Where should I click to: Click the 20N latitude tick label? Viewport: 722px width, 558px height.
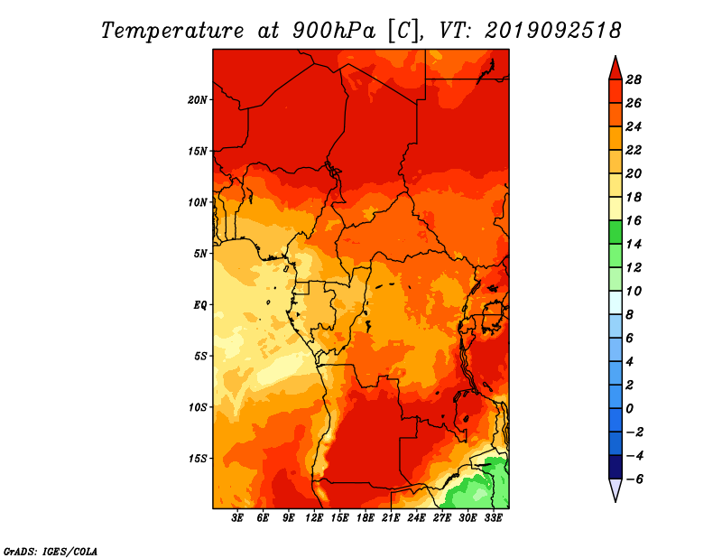(x=197, y=100)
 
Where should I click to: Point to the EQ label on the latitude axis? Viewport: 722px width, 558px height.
(x=200, y=305)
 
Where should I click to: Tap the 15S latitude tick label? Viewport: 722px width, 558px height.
(x=197, y=459)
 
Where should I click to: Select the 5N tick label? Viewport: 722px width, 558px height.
(x=200, y=254)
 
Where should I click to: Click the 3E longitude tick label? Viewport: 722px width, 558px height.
(x=237, y=518)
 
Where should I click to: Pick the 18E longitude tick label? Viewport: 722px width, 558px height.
(x=366, y=518)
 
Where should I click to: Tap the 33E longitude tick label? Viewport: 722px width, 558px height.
(x=493, y=518)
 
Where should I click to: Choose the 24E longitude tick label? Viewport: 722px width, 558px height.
(x=416, y=518)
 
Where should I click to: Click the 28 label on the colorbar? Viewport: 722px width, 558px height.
(x=634, y=79)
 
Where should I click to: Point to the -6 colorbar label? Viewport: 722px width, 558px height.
(x=634, y=479)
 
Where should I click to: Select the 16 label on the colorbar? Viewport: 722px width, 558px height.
(x=634, y=220)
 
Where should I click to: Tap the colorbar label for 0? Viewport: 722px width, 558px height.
(x=629, y=409)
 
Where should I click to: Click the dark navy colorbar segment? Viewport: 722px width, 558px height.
(x=616, y=467)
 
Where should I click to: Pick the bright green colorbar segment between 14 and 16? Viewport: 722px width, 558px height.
(x=616, y=232)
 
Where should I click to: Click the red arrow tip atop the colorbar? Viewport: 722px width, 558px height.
(x=616, y=57)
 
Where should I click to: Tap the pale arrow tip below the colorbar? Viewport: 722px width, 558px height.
(x=616, y=500)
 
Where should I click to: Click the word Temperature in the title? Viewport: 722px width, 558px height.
(x=172, y=31)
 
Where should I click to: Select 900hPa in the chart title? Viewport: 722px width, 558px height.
(x=334, y=31)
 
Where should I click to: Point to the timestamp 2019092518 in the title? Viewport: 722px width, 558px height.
(x=552, y=31)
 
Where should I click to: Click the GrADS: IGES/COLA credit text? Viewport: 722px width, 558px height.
(x=51, y=552)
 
